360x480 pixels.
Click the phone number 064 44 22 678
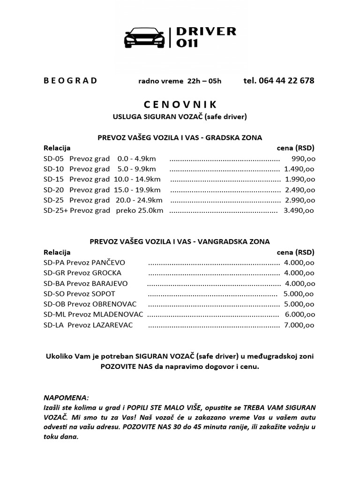click(x=279, y=80)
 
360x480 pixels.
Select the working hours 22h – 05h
click(x=204, y=81)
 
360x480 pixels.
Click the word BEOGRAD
click(x=70, y=80)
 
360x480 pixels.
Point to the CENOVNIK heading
click(x=180, y=104)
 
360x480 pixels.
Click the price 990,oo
click(x=303, y=158)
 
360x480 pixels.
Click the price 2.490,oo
click(x=300, y=190)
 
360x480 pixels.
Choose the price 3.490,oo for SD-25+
click(x=299, y=210)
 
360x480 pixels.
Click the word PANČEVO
click(x=108, y=262)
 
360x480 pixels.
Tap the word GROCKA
click(x=106, y=273)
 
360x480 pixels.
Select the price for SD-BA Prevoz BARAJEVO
click(x=300, y=283)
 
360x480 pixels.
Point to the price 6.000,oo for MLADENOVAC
click(x=299, y=314)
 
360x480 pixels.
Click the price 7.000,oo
click(x=299, y=325)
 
